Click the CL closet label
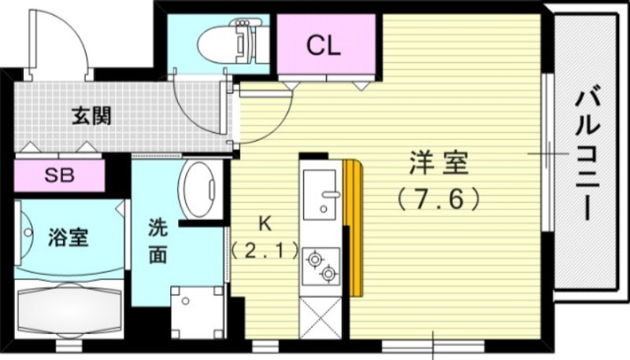(323, 46)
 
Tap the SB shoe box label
(59, 176)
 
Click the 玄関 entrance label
(92, 117)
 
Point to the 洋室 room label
(438, 165)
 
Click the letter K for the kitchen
(265, 224)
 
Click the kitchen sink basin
(321, 195)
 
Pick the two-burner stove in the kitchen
(321, 265)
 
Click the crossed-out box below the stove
(321, 320)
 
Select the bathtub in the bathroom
(69, 310)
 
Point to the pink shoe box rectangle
(59, 176)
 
